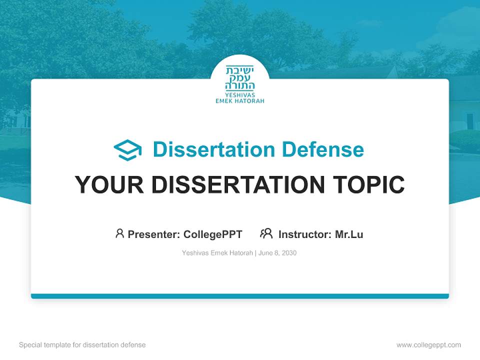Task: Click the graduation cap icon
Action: [x=127, y=150]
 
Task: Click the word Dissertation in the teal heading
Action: [x=213, y=149]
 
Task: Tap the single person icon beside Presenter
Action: [x=119, y=233]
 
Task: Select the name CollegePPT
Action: [x=213, y=234]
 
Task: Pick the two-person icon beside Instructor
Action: [x=266, y=233]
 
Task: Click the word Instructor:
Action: [x=305, y=234]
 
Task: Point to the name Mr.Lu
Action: [x=349, y=234]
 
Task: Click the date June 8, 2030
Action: [x=277, y=253]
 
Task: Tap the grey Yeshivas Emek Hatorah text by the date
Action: [x=218, y=253]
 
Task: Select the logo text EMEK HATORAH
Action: [x=240, y=100]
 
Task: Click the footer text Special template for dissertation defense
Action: [x=82, y=345]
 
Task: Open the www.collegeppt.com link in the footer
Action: [x=428, y=345]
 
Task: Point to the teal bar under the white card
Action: [x=240, y=296]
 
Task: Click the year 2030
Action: [x=289, y=253]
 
